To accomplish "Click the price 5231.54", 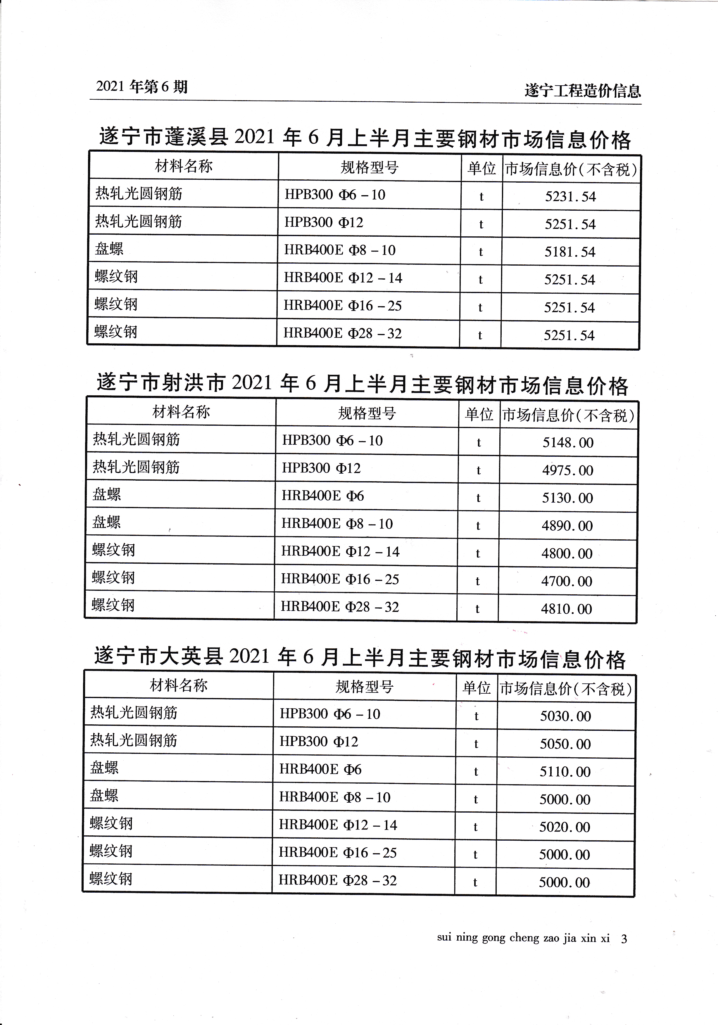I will [570, 196].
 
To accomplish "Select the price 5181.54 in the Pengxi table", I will [570, 252].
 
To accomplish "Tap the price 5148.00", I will [568, 442].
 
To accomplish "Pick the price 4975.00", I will [567, 470].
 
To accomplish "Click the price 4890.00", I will [567, 525].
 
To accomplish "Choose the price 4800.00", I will [567, 554].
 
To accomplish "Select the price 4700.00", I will [567, 581].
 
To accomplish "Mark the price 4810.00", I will [566, 609].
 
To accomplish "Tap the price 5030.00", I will [565, 716].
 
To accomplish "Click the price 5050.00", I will [565, 744].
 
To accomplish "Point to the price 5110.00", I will [565, 771].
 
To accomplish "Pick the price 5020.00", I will [564, 827].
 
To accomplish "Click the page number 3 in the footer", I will [624, 939].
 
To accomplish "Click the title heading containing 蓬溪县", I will [365, 138].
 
